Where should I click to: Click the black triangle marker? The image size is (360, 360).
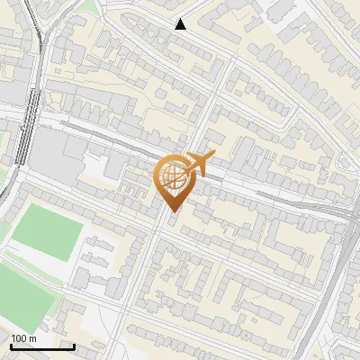pos(181,24)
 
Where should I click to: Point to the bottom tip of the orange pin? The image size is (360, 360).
pos(171,211)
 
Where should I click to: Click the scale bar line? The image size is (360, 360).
pos(42,346)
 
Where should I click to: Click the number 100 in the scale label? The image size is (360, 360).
pos(19,338)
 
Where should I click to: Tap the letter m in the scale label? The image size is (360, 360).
pos(33,338)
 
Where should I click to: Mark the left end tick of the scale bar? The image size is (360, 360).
pos(11,346)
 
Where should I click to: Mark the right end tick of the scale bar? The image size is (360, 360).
pos(74,346)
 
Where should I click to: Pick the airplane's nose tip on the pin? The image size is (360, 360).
pos(183,174)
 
